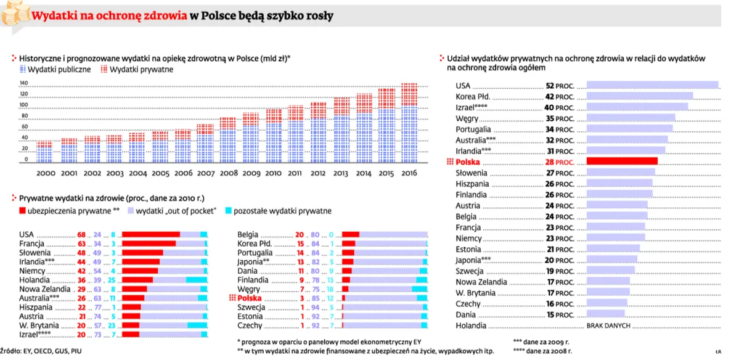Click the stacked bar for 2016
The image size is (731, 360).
409,123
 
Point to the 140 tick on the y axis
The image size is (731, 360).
24,83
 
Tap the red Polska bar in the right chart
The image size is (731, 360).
622,162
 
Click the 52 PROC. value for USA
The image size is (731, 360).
560,86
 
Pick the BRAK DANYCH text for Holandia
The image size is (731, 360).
608,325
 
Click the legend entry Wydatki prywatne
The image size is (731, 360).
137,70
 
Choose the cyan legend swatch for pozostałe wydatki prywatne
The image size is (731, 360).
228,211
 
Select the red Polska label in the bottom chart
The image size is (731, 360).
250,298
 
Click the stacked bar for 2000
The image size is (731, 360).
44,152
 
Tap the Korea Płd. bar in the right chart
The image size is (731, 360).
640,96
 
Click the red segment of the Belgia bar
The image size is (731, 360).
351,235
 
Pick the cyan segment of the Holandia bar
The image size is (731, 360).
197,280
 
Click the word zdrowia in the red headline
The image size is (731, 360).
165,17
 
